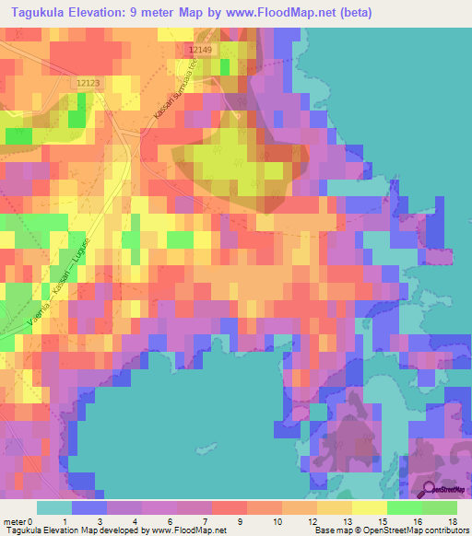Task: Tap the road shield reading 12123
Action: tap(88, 83)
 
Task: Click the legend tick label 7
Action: tap(204, 521)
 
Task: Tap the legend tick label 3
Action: tap(99, 521)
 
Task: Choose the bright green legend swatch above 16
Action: tap(405, 507)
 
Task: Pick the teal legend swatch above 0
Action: tap(53, 507)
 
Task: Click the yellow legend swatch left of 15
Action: tap(370, 507)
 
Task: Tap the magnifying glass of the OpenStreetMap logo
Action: tap(427, 489)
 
